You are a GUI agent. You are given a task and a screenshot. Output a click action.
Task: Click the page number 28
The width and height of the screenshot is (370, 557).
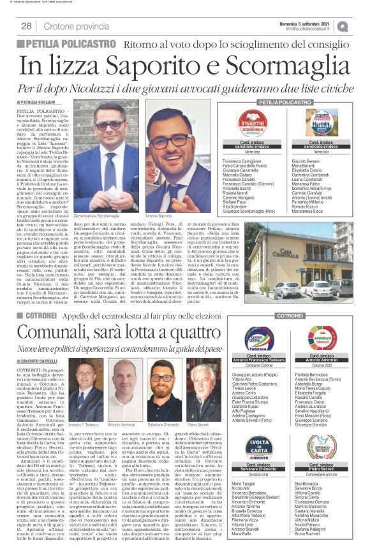coord(26,26)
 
